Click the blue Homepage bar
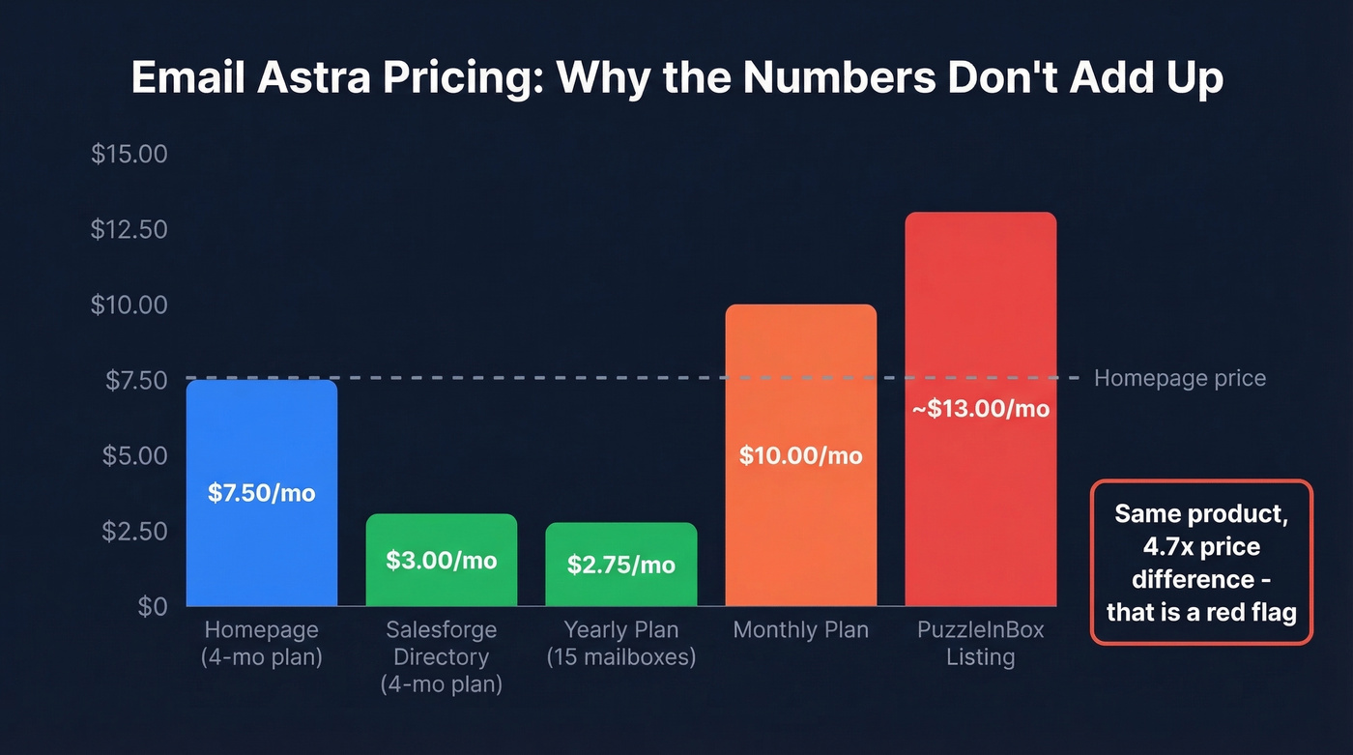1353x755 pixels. (x=261, y=435)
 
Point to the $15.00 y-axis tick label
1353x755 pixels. (x=129, y=155)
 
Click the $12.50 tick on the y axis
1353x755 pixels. (x=129, y=230)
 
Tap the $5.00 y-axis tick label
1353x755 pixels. (x=134, y=455)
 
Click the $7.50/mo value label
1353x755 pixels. (x=261, y=493)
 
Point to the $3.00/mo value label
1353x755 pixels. (x=441, y=561)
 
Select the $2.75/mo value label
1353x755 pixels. (x=620, y=566)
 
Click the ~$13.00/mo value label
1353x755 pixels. (x=980, y=409)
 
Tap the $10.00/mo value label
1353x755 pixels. (x=800, y=455)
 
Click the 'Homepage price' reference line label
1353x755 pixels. (x=1179, y=378)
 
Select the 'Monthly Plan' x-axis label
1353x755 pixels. (x=800, y=630)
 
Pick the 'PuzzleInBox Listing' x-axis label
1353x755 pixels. (x=980, y=644)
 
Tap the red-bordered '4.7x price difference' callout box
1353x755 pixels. (x=1201, y=563)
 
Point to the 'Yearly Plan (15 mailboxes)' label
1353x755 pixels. (x=620, y=644)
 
